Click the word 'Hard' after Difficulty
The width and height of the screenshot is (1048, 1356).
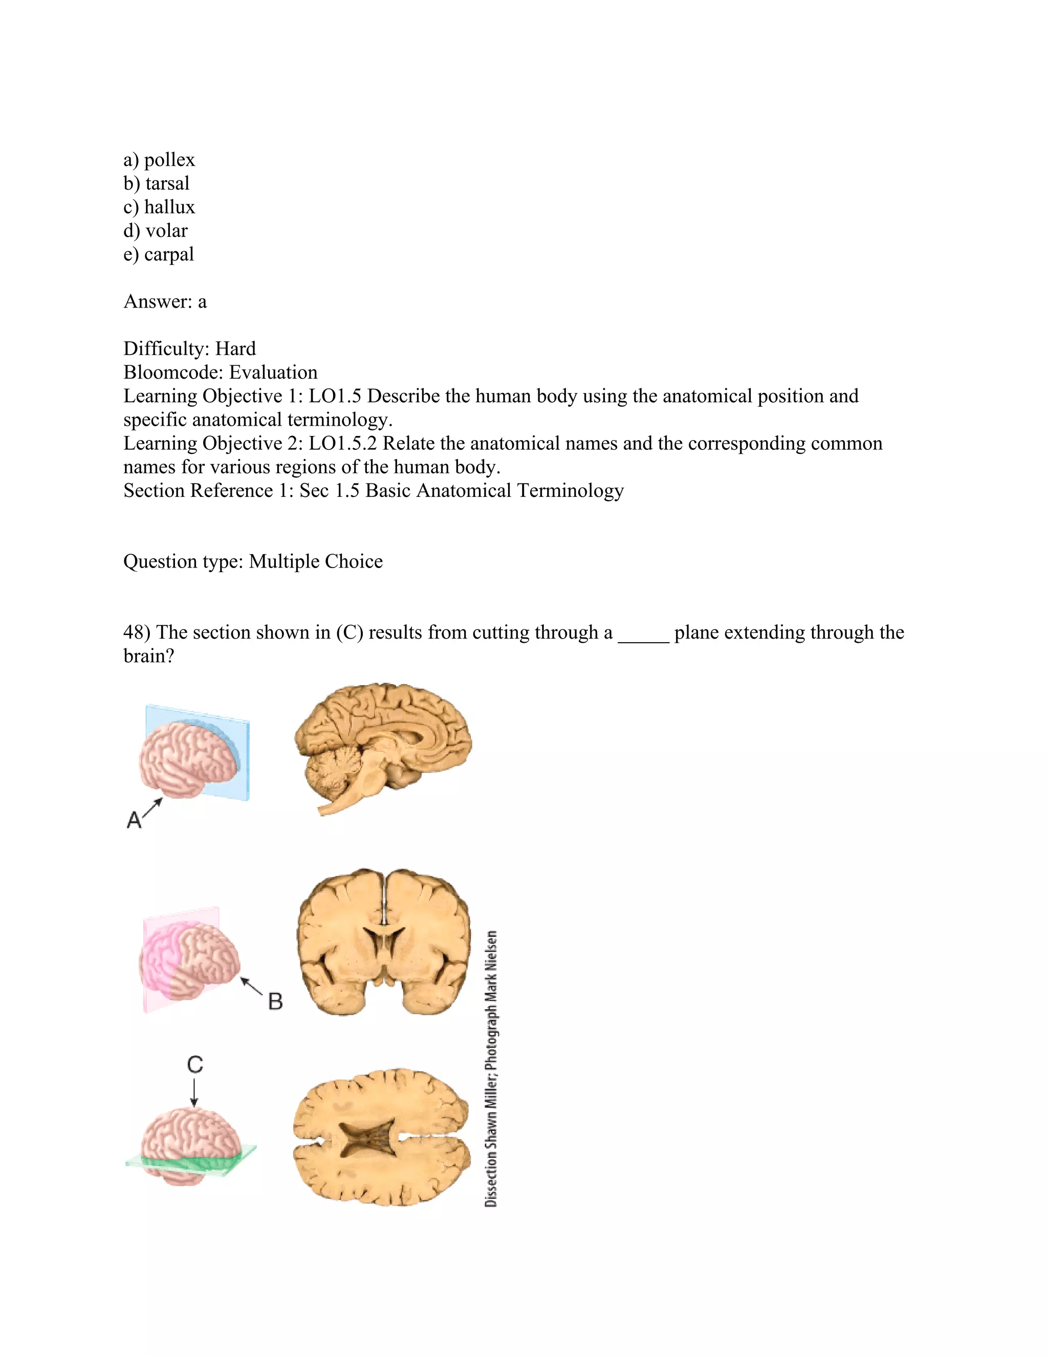click(235, 349)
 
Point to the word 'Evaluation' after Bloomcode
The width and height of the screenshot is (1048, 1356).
click(273, 373)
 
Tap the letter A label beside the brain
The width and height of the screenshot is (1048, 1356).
click(134, 820)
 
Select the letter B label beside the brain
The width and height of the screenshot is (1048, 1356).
click(275, 1001)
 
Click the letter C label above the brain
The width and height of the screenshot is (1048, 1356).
click(195, 1065)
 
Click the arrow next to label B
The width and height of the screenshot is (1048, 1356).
click(251, 986)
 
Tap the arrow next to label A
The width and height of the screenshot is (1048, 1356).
click(152, 807)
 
